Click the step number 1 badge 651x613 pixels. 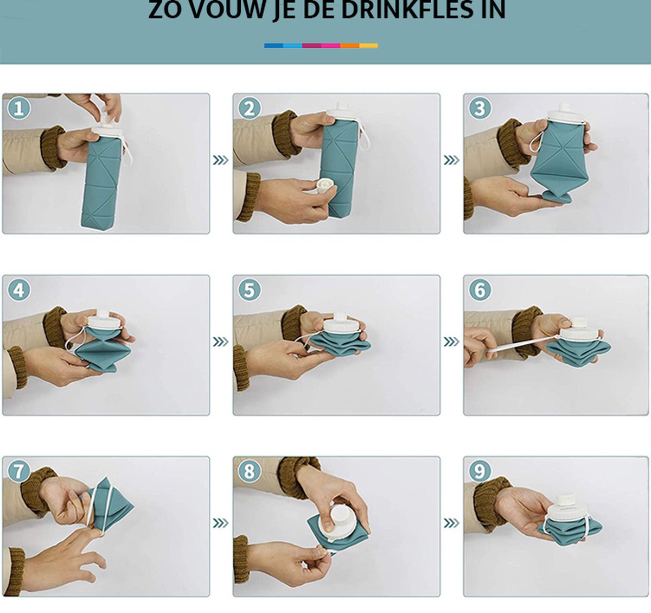point(18,108)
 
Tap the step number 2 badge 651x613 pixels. point(249,108)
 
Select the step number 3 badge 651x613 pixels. point(480,108)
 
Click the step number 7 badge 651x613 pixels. point(18,471)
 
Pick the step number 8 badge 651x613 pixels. point(249,471)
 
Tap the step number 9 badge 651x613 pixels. point(480,471)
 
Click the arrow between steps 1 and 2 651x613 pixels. point(221,160)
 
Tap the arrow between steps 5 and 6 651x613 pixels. point(451,342)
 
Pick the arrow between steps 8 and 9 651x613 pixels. point(451,523)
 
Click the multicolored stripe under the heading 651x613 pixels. point(321,46)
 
